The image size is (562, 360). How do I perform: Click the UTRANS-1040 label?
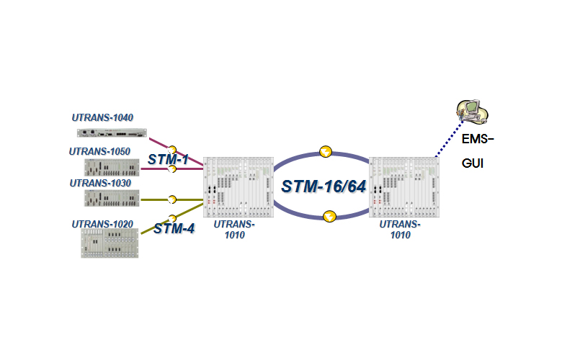coord(103,117)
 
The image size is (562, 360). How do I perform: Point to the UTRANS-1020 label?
coord(102,224)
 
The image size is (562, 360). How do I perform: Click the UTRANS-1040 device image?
coord(112,132)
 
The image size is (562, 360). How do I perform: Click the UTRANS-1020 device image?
coord(110,243)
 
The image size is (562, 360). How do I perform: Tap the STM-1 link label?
coord(168,159)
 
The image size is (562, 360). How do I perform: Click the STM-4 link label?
coord(174,229)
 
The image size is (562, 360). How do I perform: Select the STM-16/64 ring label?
coord(324,186)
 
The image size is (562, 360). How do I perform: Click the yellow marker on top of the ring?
coord(326,152)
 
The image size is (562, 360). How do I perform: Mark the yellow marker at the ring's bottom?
coord(329,215)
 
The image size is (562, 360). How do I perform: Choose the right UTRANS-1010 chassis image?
coord(403,186)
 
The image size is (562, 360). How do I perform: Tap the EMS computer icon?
coord(472,109)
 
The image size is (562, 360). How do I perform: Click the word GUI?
coord(473,163)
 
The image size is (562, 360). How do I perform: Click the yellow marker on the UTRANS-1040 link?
coord(172,150)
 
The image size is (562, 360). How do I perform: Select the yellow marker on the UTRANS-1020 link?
coord(172,218)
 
